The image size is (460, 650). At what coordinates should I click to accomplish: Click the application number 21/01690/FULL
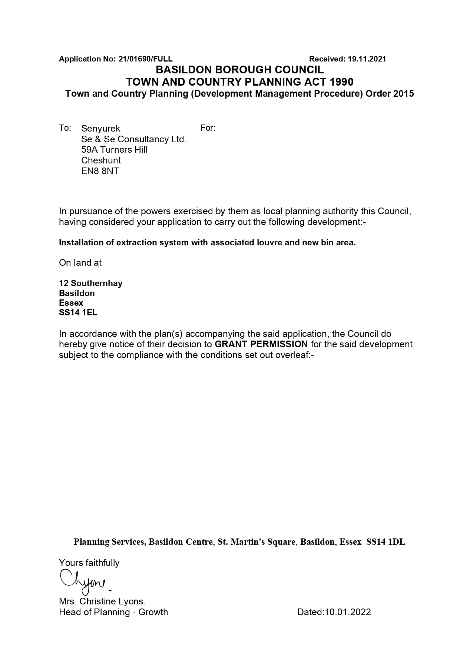145,59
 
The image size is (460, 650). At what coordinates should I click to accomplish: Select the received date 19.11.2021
367,59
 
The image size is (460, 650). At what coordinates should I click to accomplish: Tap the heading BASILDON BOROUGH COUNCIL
239,70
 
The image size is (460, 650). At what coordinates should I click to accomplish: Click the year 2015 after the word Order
403,93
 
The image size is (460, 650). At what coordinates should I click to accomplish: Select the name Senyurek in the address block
100,129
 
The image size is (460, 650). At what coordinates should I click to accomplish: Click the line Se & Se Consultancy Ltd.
133,139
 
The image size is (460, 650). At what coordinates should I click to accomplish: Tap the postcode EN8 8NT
100,171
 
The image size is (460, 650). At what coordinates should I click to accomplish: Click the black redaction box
273,145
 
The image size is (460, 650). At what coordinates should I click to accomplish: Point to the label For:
208,128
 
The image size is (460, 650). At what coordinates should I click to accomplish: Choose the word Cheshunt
101,160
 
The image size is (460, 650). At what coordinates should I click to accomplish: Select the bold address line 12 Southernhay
90,283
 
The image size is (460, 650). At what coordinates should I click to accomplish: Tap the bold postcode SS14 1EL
78,312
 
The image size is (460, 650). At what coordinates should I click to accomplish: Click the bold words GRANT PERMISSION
261,344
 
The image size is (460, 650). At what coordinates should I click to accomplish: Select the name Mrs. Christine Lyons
102,601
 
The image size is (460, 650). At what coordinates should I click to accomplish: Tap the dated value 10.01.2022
348,612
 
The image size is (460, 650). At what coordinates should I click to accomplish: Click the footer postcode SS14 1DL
385,542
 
